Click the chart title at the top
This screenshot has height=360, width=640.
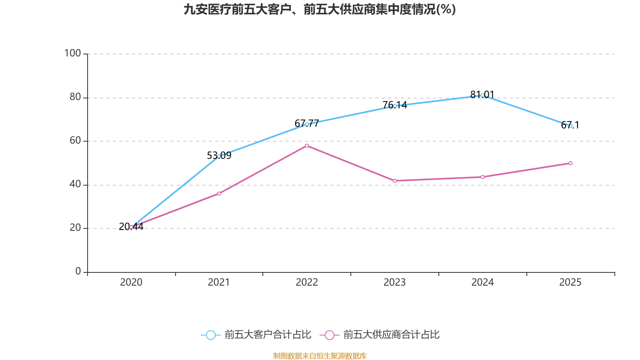pos(320,10)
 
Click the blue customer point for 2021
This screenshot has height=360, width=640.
pos(219,156)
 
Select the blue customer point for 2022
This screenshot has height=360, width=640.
pos(307,124)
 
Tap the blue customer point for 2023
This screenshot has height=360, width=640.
pos(395,106)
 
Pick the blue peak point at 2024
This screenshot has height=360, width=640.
pos(482,95)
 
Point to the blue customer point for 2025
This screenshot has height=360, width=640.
pos(570,126)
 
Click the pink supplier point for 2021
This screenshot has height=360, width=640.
pos(219,194)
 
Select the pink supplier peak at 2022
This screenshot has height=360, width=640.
pos(307,146)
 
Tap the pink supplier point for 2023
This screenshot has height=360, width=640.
pos(395,181)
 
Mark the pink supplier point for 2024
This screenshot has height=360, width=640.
pos(482,177)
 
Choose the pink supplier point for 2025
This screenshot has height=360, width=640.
pos(570,163)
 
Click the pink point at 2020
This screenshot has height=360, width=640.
pos(131,227)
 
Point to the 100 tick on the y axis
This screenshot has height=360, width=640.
pos(73,53)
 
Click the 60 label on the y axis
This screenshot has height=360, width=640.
pos(75,140)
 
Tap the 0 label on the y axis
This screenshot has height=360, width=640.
pos(78,271)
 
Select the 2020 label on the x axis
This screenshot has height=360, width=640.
pos(131,282)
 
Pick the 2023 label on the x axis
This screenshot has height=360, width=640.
pos(395,282)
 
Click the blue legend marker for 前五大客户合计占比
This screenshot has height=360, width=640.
pos(210,335)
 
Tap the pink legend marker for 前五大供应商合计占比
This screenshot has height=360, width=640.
pos(329,335)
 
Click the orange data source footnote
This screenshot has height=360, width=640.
pos(320,356)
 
